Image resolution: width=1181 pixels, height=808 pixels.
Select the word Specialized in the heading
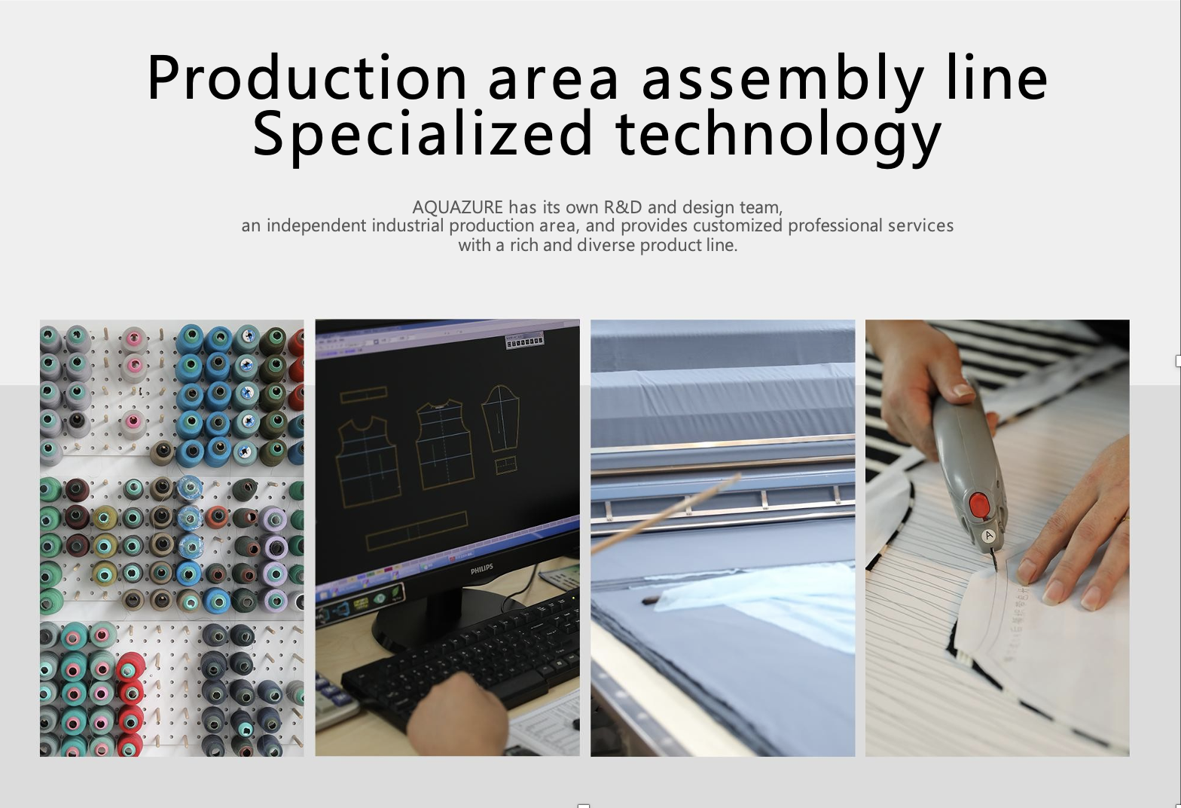423,133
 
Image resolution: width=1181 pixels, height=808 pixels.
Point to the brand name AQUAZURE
457,207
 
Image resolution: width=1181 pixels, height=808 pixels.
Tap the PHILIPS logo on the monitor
482,568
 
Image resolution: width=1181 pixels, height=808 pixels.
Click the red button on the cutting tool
979,505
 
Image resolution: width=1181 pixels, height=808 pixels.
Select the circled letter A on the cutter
988,536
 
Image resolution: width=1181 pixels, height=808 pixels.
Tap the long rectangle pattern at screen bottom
417,531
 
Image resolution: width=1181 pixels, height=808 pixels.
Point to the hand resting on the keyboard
456,710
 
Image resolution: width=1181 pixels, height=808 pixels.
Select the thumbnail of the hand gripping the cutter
997,537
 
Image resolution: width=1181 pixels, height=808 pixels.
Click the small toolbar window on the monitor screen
524,341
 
